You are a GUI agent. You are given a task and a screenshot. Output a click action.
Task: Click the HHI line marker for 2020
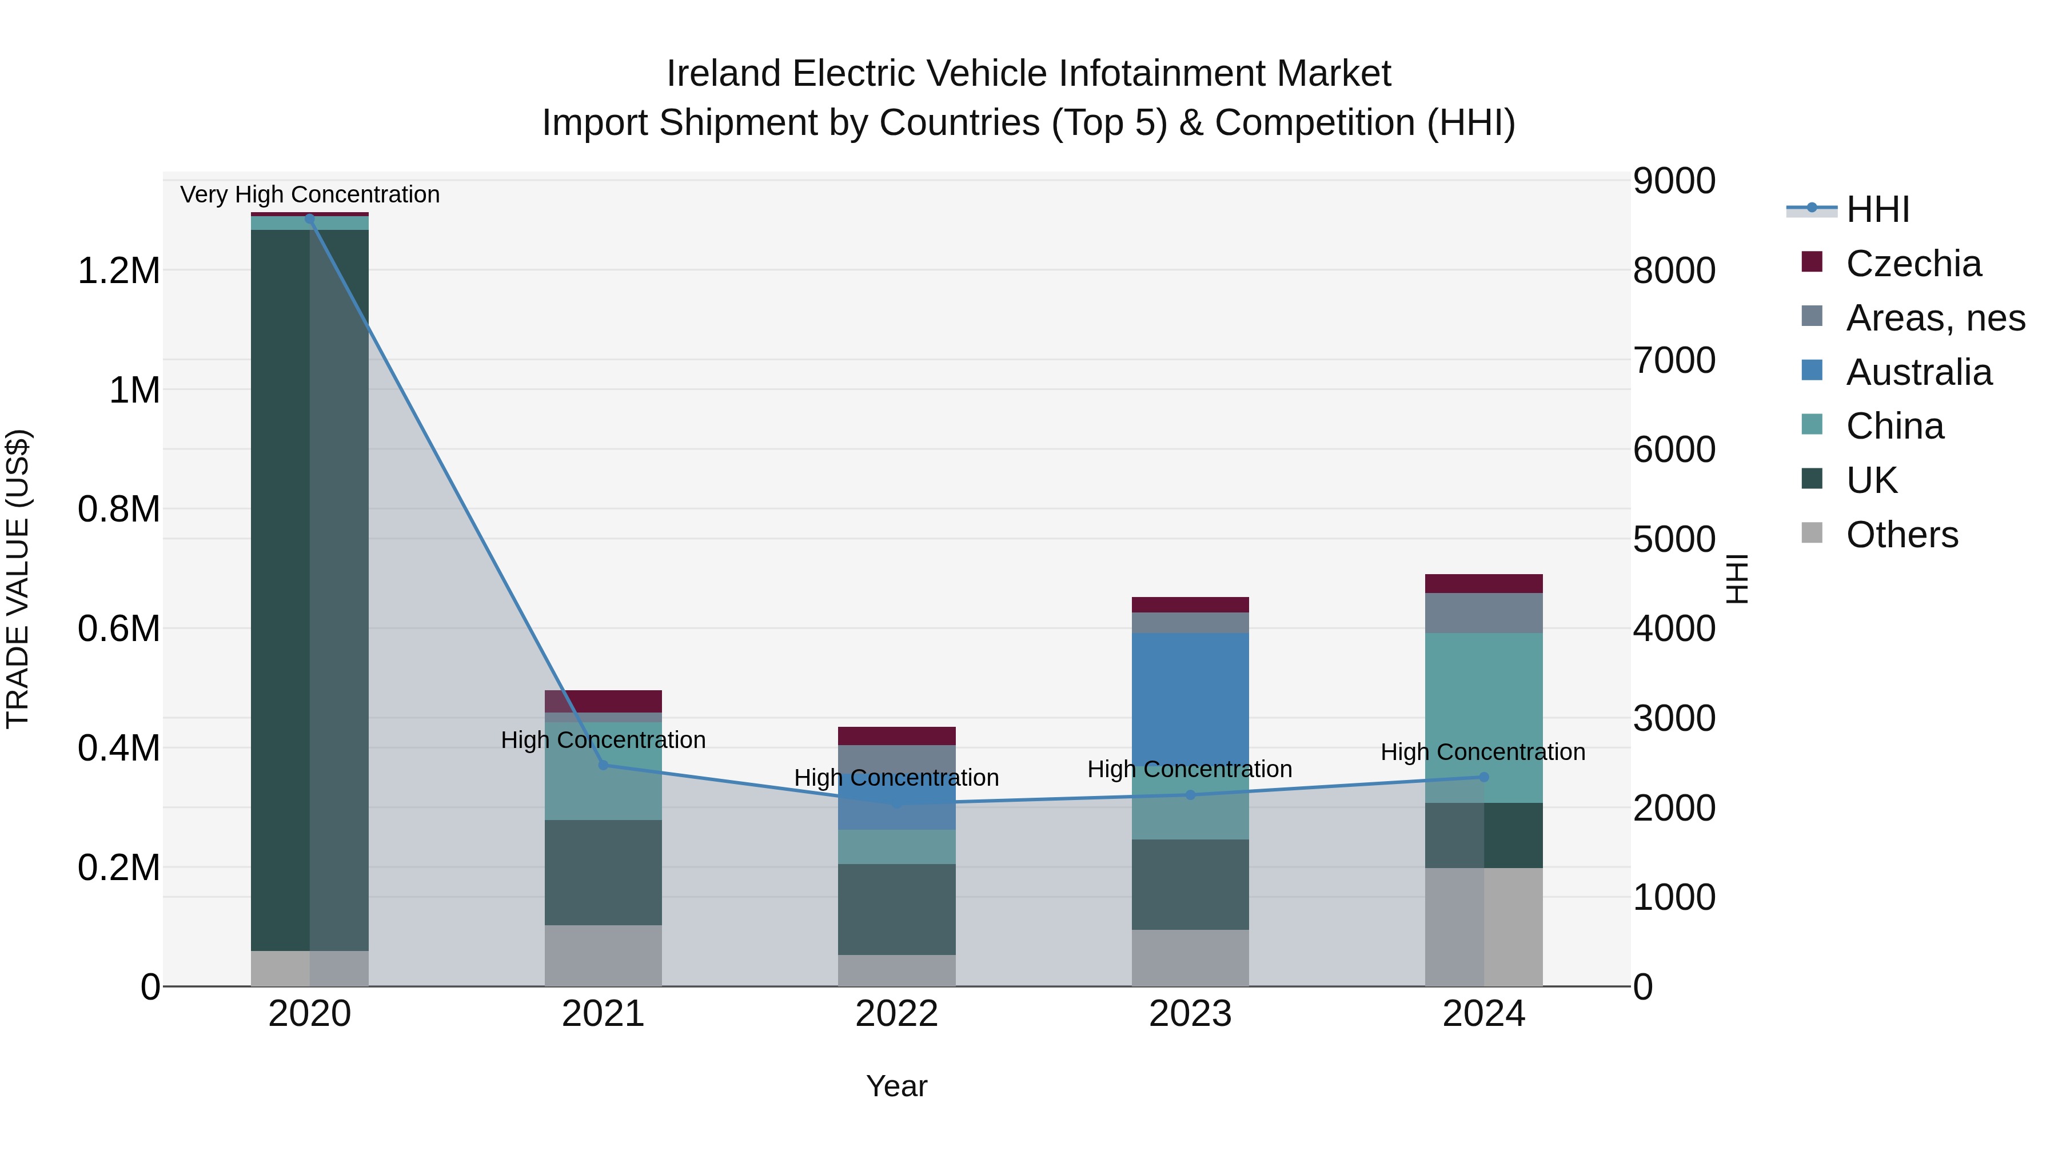310,219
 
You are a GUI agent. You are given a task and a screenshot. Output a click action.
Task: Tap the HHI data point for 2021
603,765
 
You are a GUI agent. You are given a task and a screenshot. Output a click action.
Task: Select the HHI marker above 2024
1483,777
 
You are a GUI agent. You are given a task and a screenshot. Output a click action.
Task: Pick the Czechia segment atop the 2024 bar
1483,583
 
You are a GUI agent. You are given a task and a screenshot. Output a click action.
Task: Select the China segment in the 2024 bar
1483,703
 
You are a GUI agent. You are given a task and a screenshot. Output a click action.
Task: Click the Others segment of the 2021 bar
603,955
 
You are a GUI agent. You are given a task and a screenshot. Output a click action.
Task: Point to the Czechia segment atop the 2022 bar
896,735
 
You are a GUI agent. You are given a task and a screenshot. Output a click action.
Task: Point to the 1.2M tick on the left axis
118,272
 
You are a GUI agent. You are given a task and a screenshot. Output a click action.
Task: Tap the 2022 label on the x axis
896,1014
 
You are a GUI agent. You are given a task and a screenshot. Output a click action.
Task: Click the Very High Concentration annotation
310,194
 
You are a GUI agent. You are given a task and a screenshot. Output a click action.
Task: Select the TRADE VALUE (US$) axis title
18,579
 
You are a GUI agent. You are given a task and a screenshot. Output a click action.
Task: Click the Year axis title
896,1086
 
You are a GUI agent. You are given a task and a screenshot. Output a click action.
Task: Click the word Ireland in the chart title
723,74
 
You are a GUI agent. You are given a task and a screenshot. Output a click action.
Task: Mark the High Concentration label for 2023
1190,769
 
